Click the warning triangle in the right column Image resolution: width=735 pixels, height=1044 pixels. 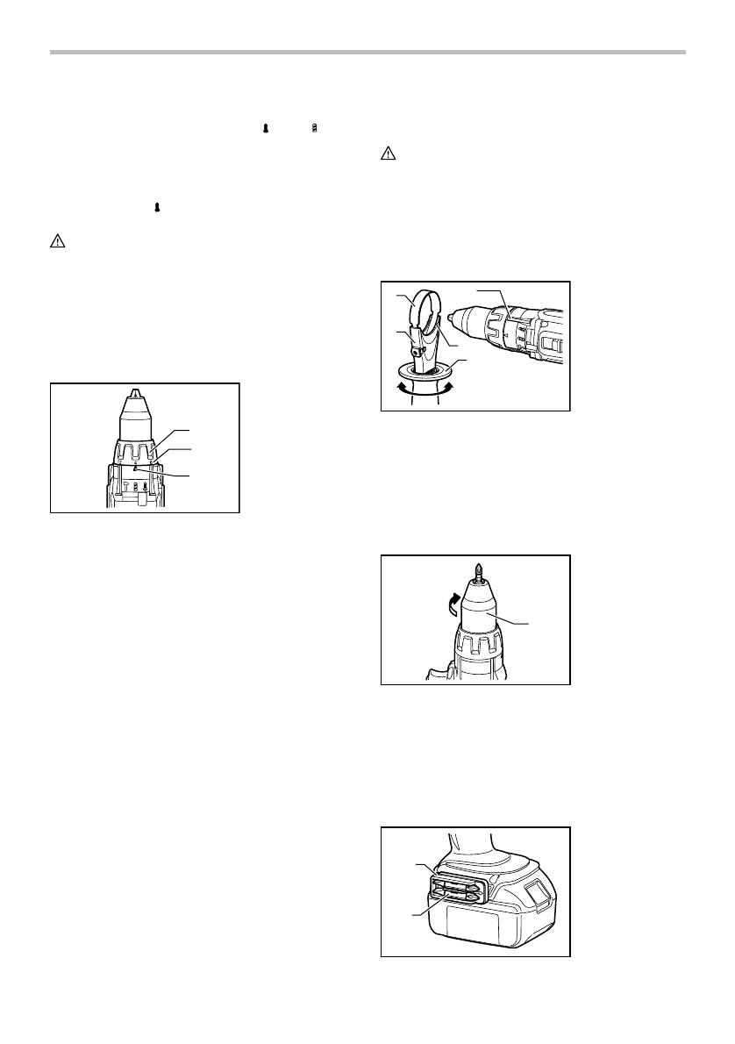(x=388, y=154)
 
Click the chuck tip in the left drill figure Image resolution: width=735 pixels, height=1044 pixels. (x=134, y=396)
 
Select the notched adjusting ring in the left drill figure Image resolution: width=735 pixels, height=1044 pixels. (x=134, y=453)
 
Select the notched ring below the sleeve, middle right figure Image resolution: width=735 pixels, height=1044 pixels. (x=479, y=654)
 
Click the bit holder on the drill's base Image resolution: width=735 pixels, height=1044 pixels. (x=456, y=887)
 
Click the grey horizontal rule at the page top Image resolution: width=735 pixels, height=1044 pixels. (x=367, y=53)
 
